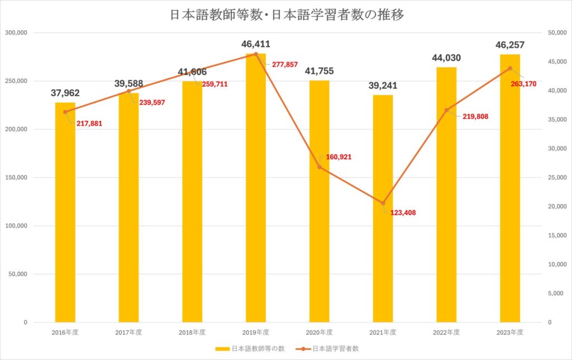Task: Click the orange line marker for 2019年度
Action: (256, 54)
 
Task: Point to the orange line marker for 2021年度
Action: (383, 203)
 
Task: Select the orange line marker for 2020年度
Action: (320, 167)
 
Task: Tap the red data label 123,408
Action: (403, 212)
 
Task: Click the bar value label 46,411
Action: (256, 44)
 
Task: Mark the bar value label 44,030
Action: (446, 58)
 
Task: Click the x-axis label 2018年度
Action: (192, 332)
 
